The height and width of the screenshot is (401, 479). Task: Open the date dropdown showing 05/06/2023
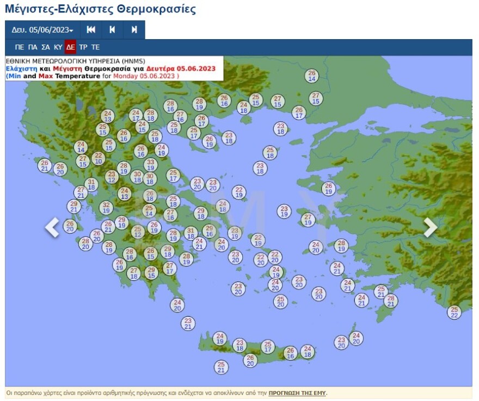42,30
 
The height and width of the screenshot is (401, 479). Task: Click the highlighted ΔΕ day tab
70,47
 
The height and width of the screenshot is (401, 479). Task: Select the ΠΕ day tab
20,47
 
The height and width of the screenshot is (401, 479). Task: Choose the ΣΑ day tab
46,47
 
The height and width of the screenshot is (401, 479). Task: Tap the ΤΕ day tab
95,47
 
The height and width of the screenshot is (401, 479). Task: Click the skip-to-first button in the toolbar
91,30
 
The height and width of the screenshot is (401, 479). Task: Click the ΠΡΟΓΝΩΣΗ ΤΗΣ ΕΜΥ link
298,393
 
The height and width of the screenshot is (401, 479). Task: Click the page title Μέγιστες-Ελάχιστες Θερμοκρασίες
100,9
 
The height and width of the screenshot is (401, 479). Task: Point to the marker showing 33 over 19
150,165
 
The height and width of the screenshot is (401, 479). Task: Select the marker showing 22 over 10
98,158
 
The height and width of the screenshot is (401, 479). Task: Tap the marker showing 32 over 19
106,207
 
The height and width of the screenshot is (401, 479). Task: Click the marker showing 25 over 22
455,312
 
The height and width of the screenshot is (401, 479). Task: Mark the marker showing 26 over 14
312,76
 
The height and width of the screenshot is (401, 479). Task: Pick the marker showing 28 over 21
390,300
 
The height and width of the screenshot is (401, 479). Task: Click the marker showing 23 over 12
112,177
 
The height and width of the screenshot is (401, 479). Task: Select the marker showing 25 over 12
138,232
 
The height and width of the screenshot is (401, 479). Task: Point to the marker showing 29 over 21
75,206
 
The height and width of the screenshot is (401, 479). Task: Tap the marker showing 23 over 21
188,323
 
